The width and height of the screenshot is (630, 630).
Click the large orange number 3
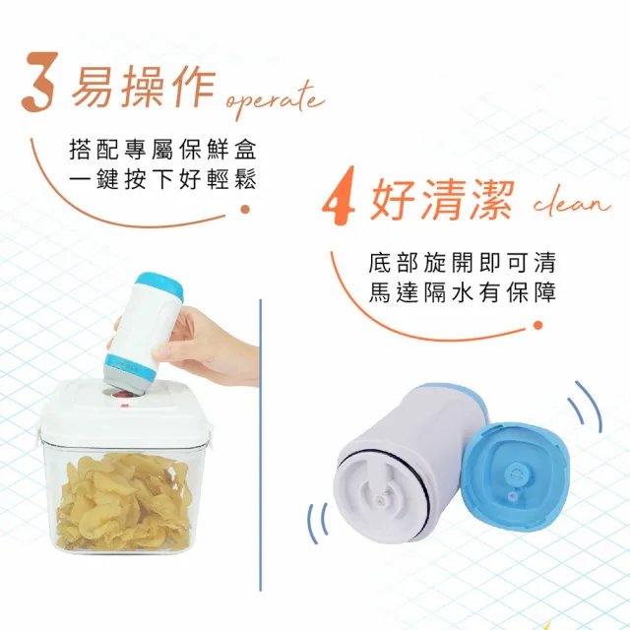tap(37, 82)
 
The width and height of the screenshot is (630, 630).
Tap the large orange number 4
tap(339, 196)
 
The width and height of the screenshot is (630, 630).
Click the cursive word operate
tap(275, 99)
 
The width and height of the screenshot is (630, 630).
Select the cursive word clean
tap(572, 203)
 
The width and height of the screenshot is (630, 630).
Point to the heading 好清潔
tap(442, 199)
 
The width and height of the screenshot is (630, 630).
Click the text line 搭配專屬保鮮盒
tap(162, 150)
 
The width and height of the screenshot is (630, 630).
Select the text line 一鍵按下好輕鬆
tap(162, 179)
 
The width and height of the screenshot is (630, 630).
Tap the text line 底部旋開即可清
tap(462, 263)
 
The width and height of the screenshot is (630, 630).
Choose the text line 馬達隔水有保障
tap(462, 292)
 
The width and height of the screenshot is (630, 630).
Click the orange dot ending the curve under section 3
tap(245, 209)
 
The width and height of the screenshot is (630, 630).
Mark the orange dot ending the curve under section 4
tap(538, 326)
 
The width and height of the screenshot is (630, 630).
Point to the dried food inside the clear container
tap(123, 501)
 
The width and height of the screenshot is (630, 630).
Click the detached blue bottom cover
tap(515, 476)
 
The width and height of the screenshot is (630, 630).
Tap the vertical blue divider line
tap(260, 445)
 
